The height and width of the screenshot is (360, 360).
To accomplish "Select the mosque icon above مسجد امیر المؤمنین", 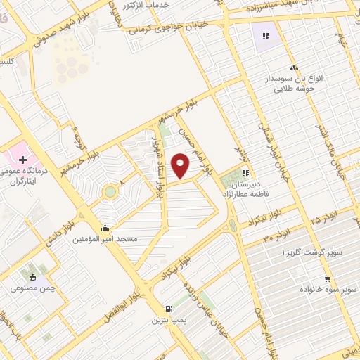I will click(105, 228).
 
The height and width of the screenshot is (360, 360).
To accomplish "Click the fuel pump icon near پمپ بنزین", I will click(168, 309).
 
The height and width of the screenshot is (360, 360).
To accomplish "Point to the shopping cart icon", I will click(327, 278).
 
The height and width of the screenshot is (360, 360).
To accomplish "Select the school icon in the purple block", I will click(266, 36).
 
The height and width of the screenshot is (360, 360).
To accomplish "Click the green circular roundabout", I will click(110, 191).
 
